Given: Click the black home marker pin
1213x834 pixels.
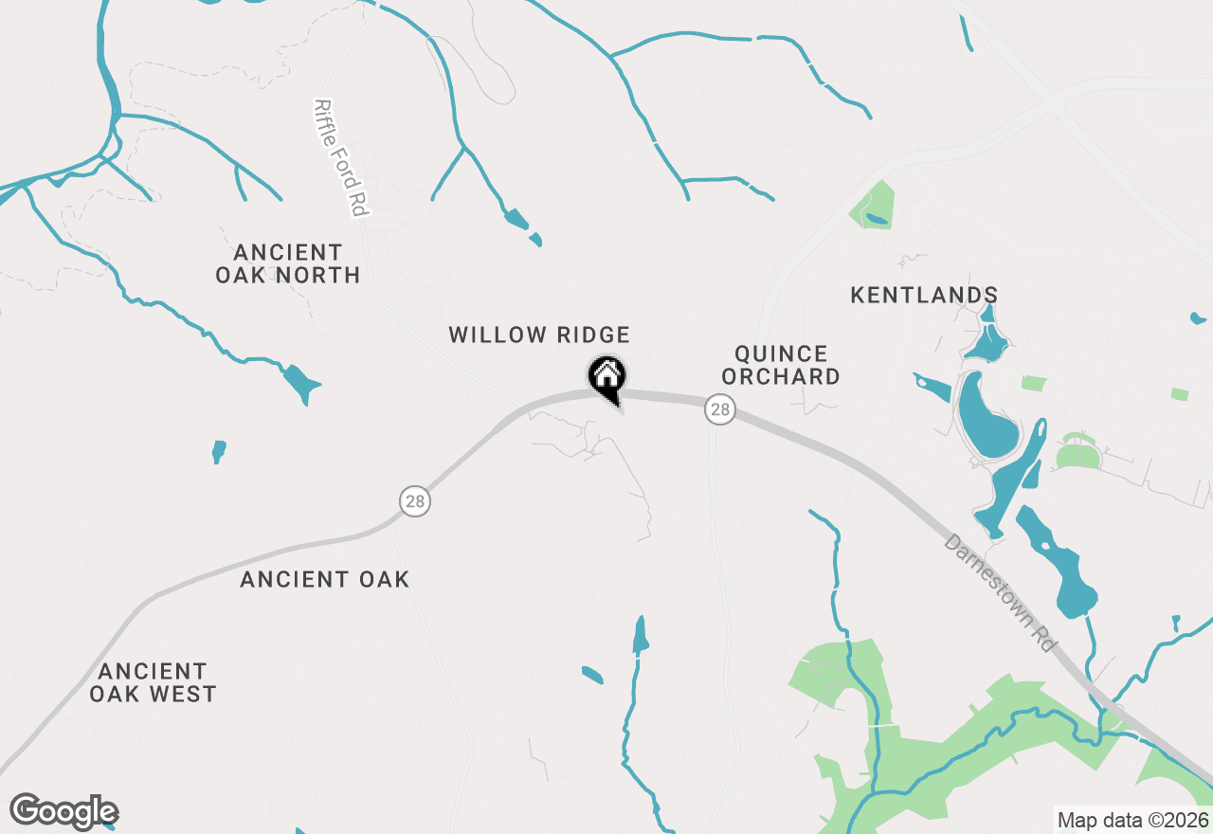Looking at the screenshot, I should [606, 376].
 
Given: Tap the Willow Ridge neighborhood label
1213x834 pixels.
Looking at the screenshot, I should [539, 335].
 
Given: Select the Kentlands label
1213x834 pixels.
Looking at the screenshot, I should [924, 295].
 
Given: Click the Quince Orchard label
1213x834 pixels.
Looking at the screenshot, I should [781, 365].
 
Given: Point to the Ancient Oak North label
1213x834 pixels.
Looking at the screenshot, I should [288, 263].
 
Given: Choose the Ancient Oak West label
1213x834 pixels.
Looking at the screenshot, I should [153, 682].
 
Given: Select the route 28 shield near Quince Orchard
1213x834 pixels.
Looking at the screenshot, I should [720, 409].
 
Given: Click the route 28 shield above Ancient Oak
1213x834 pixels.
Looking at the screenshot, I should [414, 500].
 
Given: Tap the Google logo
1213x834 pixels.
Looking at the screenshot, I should [64, 812].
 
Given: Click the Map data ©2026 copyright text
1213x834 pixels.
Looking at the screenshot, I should [1132, 820].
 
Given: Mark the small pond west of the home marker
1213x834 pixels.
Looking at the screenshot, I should [219, 450].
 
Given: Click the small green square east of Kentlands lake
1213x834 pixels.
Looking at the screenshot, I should [1034, 383].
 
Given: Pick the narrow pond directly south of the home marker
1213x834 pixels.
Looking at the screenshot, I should [641, 635].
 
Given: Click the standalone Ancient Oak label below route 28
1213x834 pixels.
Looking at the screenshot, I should [324, 579].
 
